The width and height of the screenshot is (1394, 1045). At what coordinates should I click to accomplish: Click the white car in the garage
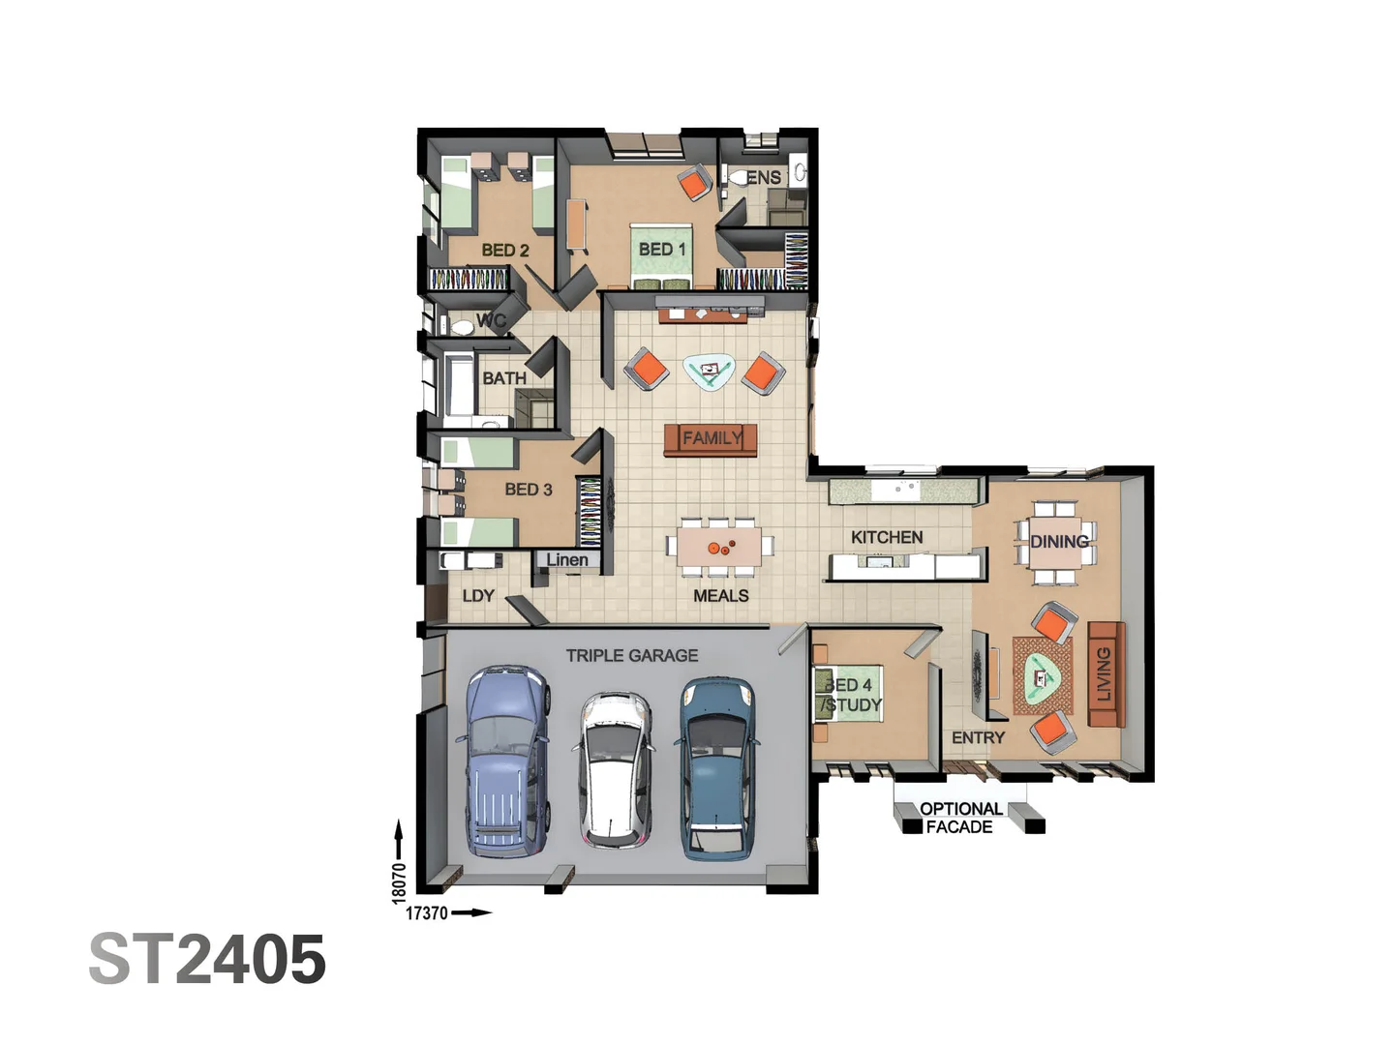coord(616,770)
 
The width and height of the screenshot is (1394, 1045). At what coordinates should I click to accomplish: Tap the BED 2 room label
coord(505,251)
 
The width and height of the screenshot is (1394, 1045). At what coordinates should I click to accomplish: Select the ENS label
coord(764,178)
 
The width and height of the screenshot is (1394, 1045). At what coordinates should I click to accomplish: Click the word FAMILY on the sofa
coord(712,438)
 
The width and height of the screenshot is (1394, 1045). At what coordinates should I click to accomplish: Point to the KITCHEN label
coord(887,537)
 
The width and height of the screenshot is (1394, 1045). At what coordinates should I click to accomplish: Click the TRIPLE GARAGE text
coord(632,656)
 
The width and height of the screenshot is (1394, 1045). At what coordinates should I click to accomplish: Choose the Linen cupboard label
coord(567,560)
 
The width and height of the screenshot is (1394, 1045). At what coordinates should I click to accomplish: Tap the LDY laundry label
coord(478,596)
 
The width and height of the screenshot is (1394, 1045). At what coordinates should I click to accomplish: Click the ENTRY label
coord(978,738)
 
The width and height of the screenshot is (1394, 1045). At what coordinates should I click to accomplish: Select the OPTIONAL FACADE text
coord(959,819)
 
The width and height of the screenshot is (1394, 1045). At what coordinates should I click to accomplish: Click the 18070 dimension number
coord(399,883)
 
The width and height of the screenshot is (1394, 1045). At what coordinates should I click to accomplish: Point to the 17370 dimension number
coord(426,913)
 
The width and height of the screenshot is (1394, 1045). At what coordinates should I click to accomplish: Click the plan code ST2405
coord(207,960)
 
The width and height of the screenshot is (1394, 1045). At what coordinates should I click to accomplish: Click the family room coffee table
coord(709,371)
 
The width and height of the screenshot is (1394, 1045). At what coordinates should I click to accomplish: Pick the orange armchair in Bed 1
coord(694,183)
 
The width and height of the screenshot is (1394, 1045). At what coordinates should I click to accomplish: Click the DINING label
coord(1059,542)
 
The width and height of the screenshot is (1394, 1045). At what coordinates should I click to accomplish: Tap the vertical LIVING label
coord(1104,674)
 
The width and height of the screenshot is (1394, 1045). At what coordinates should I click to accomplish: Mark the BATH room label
coord(504,378)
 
